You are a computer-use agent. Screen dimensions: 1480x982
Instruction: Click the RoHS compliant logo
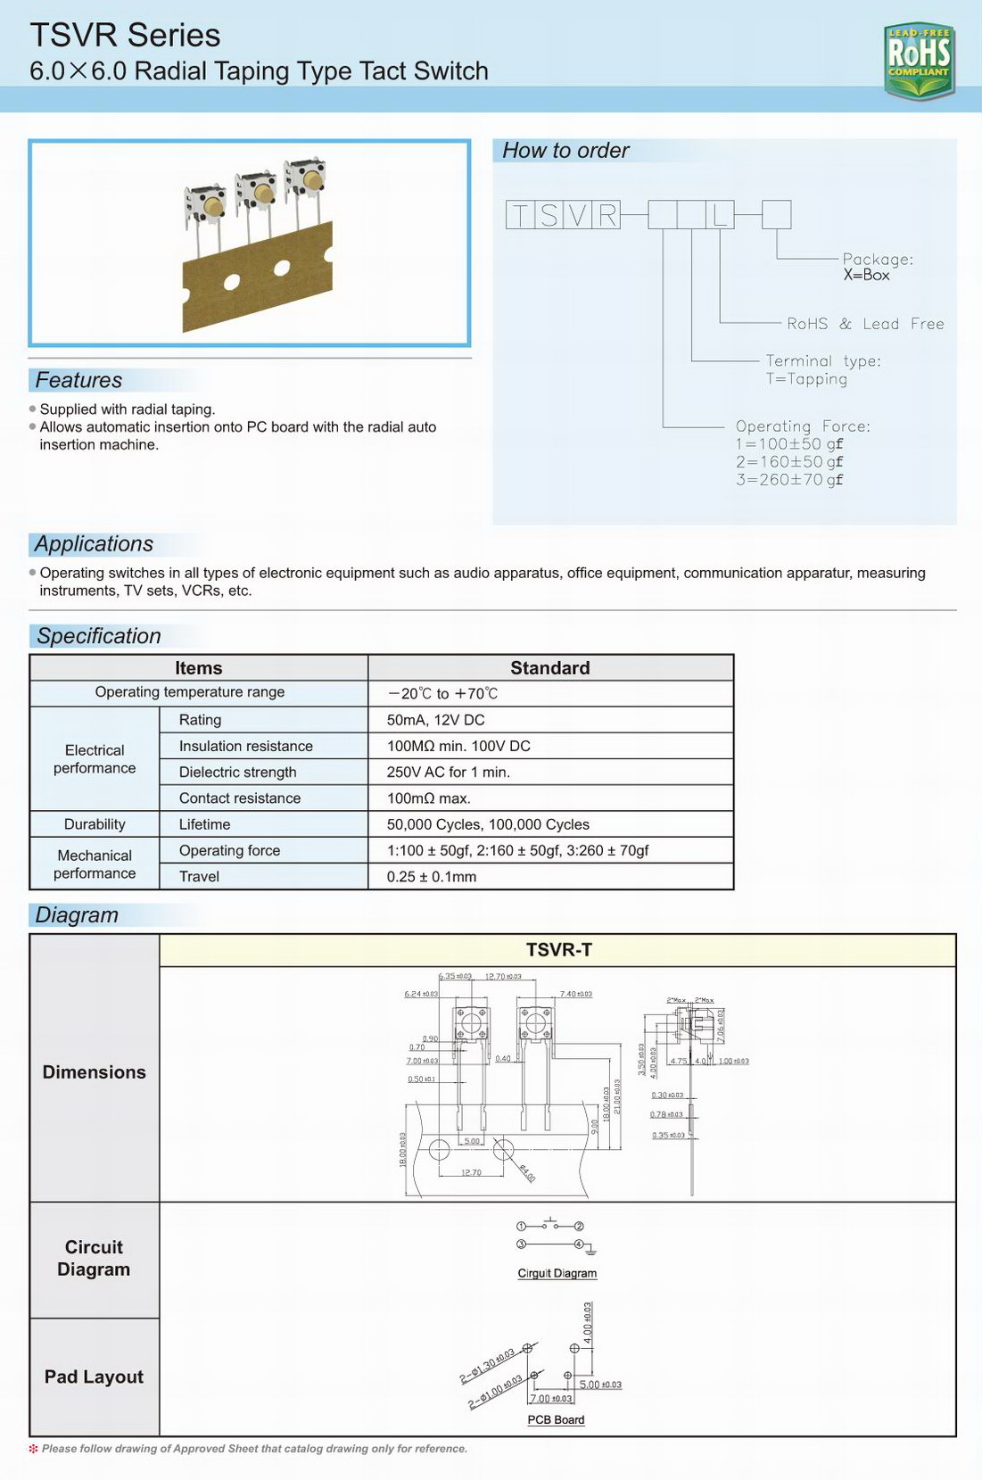pos(919,61)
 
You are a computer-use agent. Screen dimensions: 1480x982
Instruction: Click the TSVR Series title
pos(125,36)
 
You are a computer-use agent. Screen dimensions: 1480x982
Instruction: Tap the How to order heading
pos(565,151)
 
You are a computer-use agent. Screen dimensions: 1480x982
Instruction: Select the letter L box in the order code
pos(721,215)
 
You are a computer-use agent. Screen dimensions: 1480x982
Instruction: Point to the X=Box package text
pos(866,276)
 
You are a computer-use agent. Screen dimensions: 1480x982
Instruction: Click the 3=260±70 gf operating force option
pos(788,480)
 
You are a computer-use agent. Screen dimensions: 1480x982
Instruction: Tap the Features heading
pos(78,380)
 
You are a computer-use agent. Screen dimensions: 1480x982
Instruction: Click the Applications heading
pos(94,544)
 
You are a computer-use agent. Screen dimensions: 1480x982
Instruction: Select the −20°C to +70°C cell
pos(442,693)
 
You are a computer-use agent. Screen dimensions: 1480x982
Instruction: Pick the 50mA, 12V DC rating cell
pos(435,720)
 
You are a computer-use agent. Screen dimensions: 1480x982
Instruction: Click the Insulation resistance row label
pos(245,746)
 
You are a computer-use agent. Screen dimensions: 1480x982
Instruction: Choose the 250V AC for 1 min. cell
pos(448,772)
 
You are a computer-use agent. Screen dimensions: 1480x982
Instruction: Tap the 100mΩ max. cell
pos(428,798)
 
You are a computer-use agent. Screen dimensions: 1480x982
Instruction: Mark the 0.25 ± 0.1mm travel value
pos(432,876)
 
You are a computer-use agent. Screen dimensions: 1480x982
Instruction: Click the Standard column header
pos(549,668)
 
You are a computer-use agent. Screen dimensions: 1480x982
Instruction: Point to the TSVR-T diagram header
pos(558,950)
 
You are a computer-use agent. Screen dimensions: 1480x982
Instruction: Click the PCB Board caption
pos(556,1419)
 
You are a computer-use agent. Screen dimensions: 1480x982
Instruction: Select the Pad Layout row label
pos(94,1377)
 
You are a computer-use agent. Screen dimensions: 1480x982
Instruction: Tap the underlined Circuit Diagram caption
pos(557,1273)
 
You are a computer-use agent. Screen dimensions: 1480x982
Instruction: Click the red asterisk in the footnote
pos(34,1449)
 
